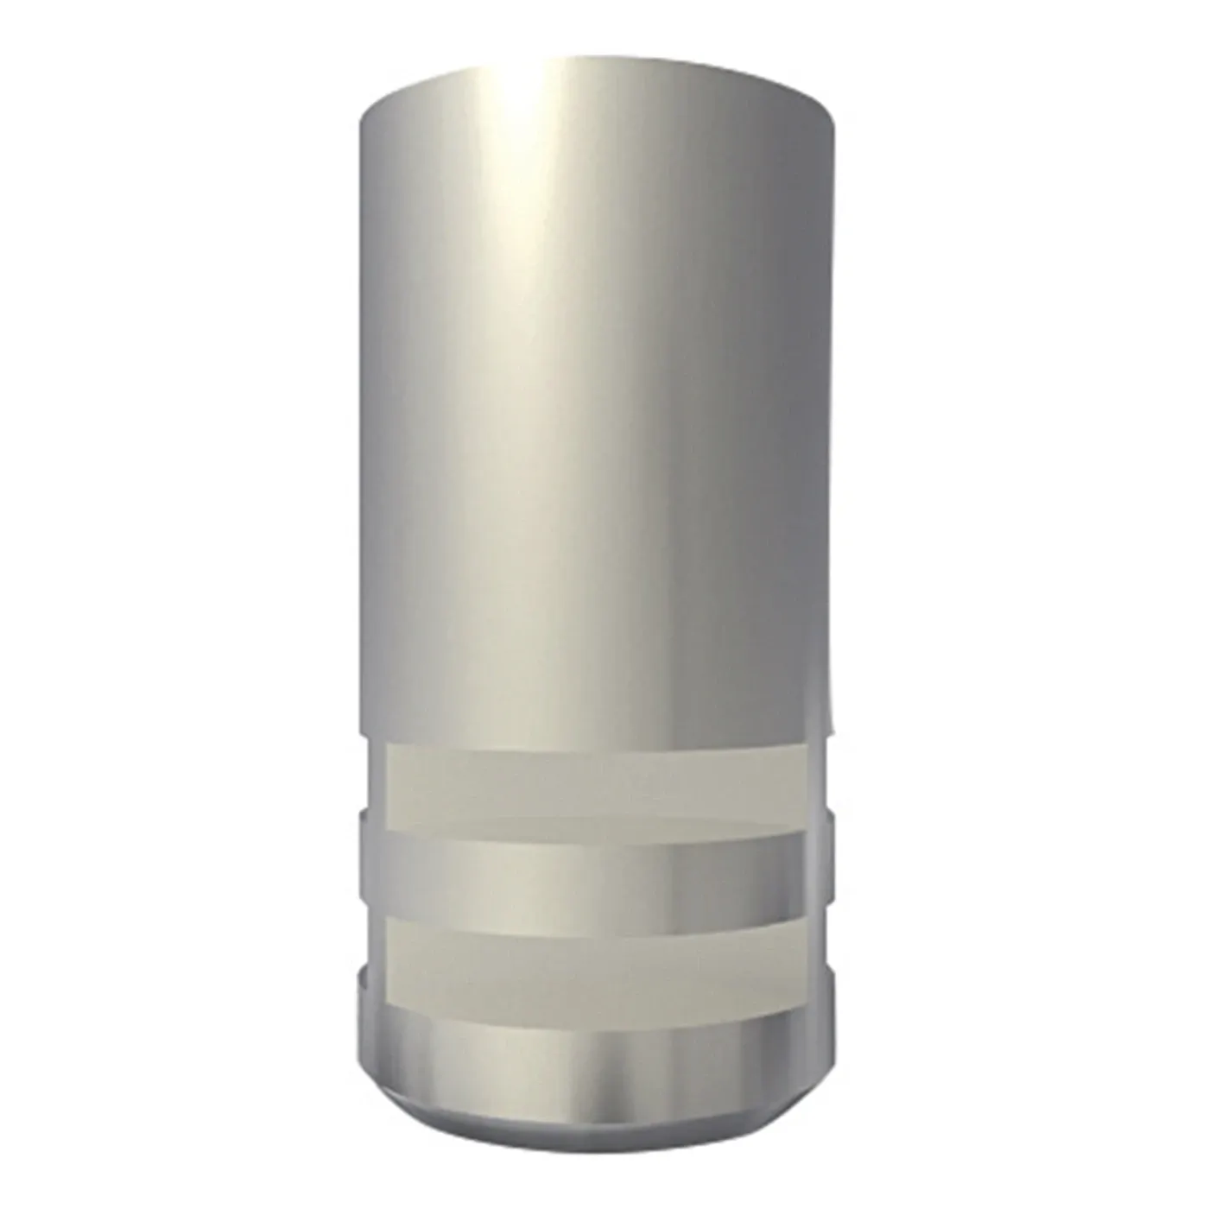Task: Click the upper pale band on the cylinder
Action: [596, 782]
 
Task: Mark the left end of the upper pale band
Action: [373, 782]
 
